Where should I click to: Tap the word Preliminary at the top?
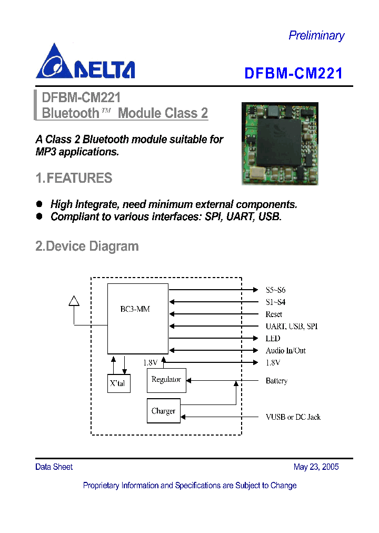point(316,35)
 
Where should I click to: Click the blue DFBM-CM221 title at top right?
point(293,73)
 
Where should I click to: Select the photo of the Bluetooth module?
point(280,143)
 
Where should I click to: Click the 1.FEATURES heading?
point(74,179)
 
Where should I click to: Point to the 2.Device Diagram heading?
point(87,246)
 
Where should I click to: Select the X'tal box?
point(118,383)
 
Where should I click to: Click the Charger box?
point(163,411)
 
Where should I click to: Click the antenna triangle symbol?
point(74,300)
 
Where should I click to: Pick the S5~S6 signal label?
point(276,290)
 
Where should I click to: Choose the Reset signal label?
point(274,314)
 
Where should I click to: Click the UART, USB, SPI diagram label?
point(292,326)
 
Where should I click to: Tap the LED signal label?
point(273,338)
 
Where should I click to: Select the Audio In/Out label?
point(285,350)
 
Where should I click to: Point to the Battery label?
point(276,380)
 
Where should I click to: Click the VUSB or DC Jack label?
point(293,417)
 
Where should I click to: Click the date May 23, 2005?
point(316,467)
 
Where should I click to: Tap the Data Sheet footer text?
point(54,467)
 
